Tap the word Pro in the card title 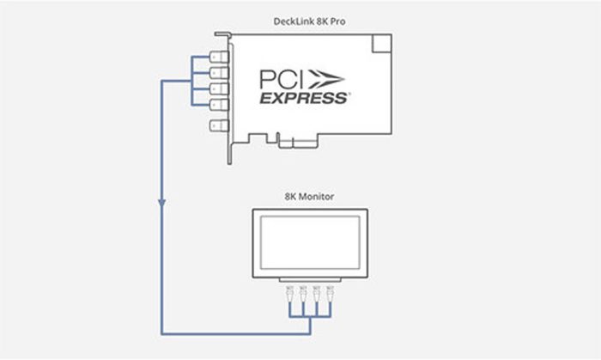pos(337,21)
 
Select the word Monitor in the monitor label pos(316,197)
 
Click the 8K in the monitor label pos(290,197)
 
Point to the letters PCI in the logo pos(282,79)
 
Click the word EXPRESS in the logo pos(304,98)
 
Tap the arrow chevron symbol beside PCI pos(325,79)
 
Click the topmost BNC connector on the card pos(219,58)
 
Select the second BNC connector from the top pos(219,73)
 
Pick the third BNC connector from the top pos(219,88)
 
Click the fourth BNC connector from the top pos(219,104)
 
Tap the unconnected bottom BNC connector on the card pos(219,125)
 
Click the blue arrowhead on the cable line pos(162,203)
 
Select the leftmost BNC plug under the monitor pos(290,293)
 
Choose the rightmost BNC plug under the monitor pos(330,293)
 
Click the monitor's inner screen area pos(310,242)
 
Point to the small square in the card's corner pos(382,43)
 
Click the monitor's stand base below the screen pos(310,280)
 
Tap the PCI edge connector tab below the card pos(297,143)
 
